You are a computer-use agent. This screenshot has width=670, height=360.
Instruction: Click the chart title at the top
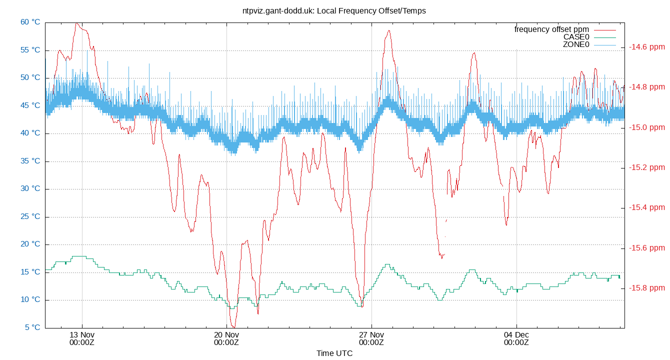[334, 10]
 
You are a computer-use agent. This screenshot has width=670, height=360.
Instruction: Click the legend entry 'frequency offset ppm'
[551, 29]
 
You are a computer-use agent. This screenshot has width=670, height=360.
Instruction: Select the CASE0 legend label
[576, 37]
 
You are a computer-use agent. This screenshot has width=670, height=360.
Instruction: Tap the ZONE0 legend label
[576, 44]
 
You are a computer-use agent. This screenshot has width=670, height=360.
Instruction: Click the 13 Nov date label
[82, 334]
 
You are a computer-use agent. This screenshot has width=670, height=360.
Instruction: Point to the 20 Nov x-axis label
[226, 334]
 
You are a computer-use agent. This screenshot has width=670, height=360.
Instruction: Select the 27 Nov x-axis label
[371, 334]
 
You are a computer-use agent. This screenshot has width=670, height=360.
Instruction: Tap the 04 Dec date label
[516, 334]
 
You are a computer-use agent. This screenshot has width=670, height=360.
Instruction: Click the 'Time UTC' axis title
[334, 353]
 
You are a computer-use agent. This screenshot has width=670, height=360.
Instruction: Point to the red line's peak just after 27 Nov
[388, 31]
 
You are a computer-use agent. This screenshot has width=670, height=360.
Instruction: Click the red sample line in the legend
[604, 29]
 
